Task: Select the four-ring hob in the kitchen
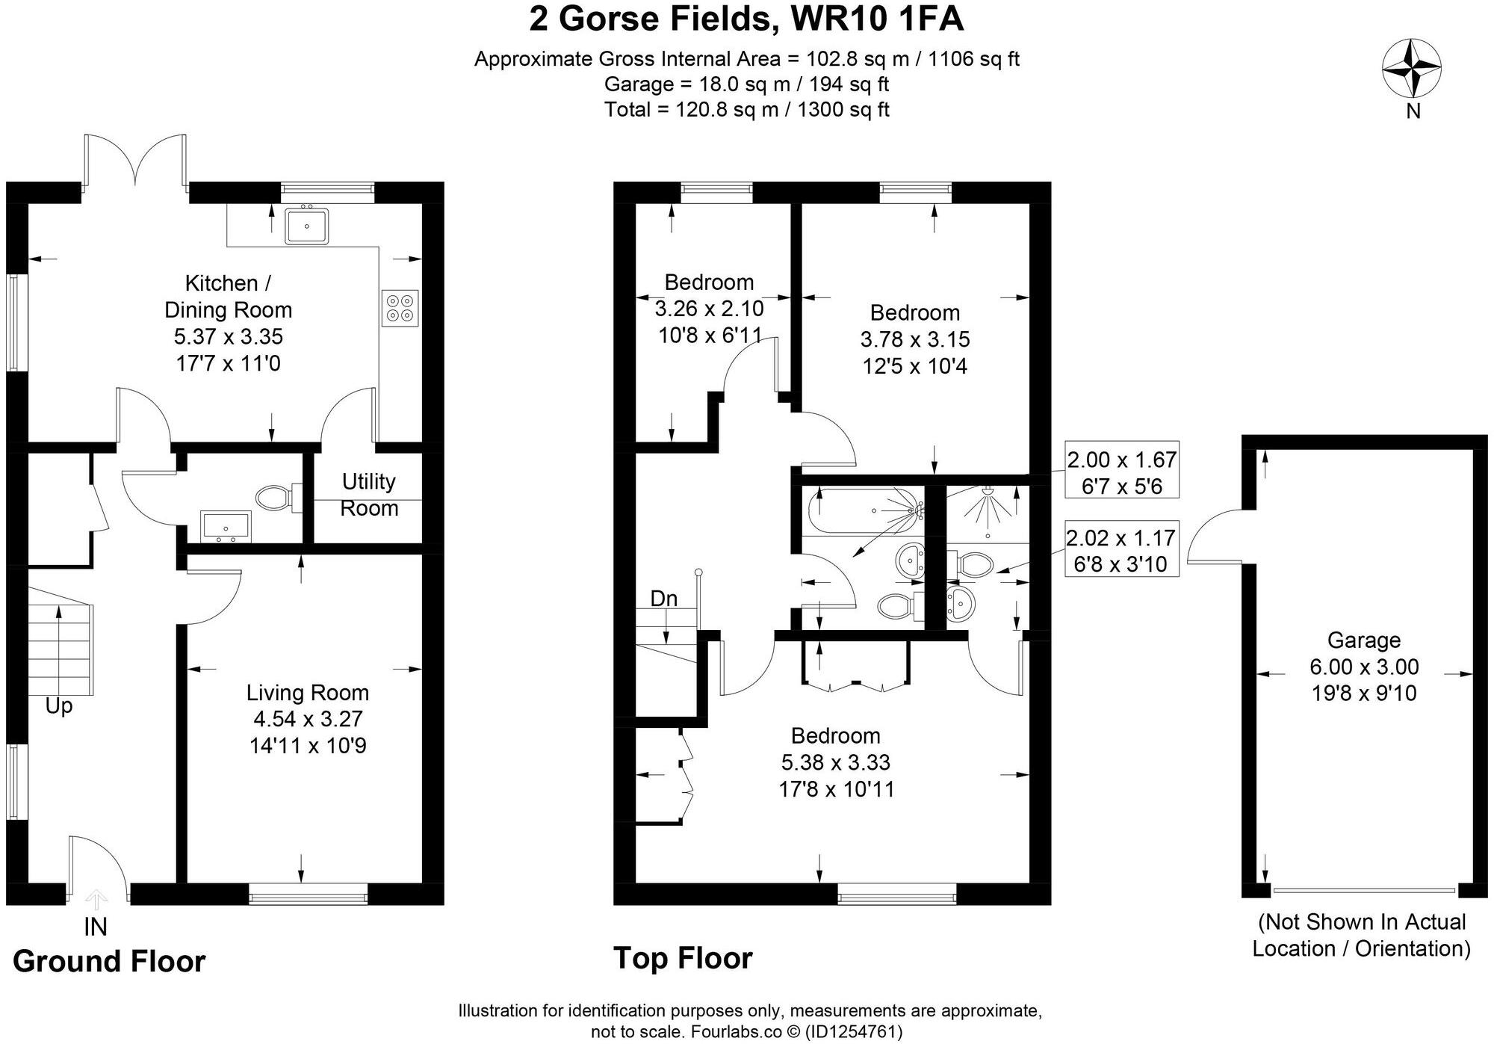[400, 307]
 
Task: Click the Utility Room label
[368, 495]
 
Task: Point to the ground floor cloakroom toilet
[276, 498]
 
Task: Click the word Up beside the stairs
[59, 705]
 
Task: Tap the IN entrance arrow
[96, 900]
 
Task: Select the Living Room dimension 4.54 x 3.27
[308, 719]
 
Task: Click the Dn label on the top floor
[663, 599]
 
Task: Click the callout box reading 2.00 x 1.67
[1121, 473]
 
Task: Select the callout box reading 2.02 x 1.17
[1121, 551]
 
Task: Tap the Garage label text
[1363, 640]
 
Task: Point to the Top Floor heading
[683, 958]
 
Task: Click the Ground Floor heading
[109, 961]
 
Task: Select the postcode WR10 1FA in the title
[876, 19]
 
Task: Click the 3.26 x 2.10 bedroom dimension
[709, 309]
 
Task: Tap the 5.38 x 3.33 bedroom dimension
[835, 762]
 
